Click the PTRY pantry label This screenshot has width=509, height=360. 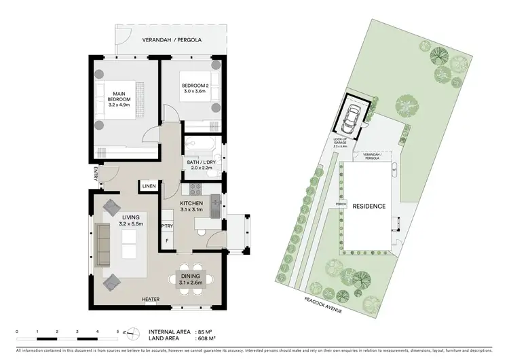(x=165, y=226)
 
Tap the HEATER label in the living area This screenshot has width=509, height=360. (x=151, y=299)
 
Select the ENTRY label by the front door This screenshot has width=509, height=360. (x=97, y=174)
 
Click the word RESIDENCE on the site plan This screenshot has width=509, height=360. (x=370, y=206)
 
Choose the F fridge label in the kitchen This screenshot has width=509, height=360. (x=167, y=240)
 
